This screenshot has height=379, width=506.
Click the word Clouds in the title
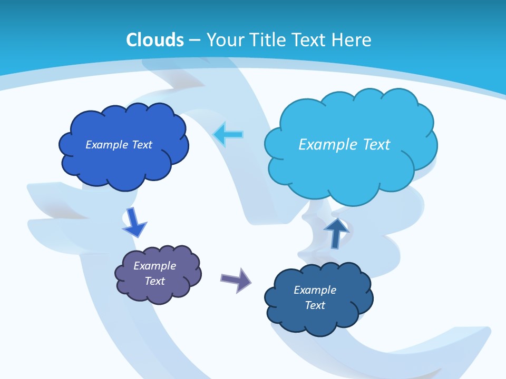155,40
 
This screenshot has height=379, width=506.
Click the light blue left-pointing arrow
229,135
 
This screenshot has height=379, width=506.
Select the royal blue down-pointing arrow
134,222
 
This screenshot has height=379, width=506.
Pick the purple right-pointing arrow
236,280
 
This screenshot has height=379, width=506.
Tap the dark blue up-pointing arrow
336,232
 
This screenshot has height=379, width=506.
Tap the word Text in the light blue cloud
376,145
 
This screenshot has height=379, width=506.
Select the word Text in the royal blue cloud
142,145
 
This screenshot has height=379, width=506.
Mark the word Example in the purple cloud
155,266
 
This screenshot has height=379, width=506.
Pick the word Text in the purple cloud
155,281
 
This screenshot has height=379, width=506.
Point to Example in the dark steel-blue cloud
315,290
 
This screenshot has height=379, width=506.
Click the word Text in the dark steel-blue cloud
315,305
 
